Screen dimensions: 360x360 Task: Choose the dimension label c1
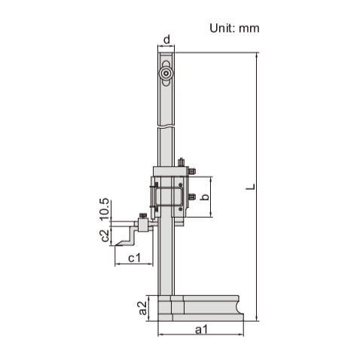132,259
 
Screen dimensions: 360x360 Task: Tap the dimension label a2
142,307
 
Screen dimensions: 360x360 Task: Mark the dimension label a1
201,329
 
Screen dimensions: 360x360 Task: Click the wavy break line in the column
166,127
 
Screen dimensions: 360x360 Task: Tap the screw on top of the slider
181,161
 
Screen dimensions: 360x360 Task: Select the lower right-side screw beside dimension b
193,197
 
